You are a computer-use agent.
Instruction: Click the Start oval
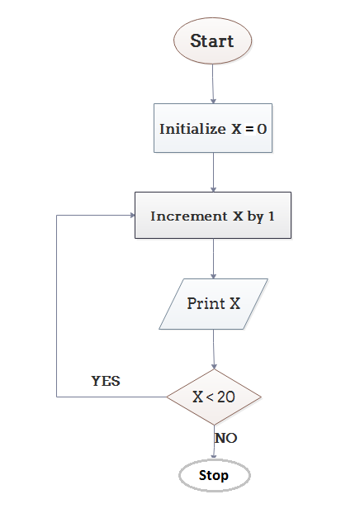click(x=212, y=40)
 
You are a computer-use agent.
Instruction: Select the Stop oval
click(x=214, y=476)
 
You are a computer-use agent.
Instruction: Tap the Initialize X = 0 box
click(x=214, y=128)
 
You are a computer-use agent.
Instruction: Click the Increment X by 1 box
click(x=213, y=216)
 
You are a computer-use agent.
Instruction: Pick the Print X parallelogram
click(x=214, y=303)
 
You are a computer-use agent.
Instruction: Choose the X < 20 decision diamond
click(x=214, y=397)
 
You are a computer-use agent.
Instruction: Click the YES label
click(x=106, y=382)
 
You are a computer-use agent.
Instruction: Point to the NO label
click(x=226, y=438)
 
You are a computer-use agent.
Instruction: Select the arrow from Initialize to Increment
click(x=214, y=172)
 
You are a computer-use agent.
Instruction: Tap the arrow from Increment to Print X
click(x=214, y=259)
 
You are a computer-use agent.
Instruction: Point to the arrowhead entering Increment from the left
click(x=130, y=216)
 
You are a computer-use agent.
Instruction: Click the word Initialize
click(x=189, y=129)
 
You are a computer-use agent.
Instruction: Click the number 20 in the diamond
click(x=226, y=397)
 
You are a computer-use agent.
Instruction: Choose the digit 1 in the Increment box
click(x=271, y=216)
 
